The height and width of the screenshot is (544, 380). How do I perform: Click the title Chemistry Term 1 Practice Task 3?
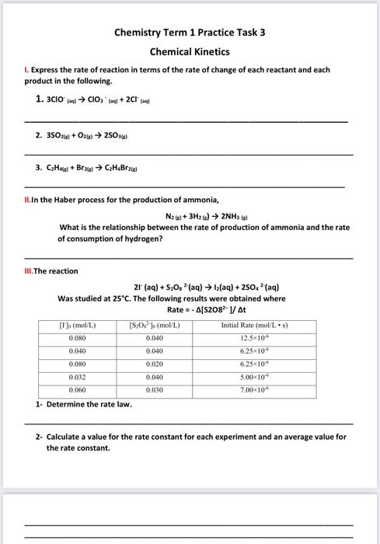(190, 33)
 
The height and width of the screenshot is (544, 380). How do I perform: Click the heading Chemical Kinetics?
(190, 51)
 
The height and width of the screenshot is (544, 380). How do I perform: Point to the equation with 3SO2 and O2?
(85, 134)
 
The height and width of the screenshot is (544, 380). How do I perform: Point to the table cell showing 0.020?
(154, 364)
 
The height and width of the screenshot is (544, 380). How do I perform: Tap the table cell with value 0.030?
(154, 389)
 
